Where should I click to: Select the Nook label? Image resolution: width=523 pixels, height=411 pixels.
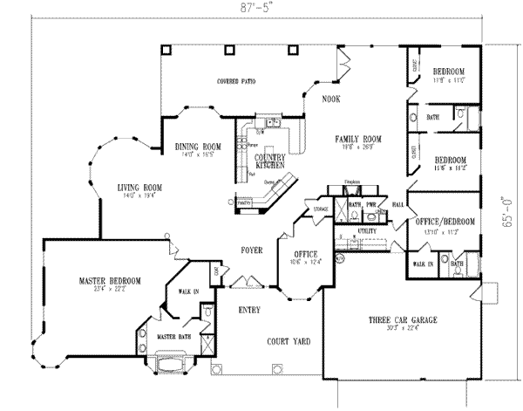[330, 99]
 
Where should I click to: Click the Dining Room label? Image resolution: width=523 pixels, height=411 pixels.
[197, 146]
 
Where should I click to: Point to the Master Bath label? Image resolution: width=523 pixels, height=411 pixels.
[173, 336]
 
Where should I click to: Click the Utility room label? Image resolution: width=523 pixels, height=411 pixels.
[366, 230]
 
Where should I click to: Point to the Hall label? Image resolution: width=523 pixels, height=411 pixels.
[397, 203]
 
